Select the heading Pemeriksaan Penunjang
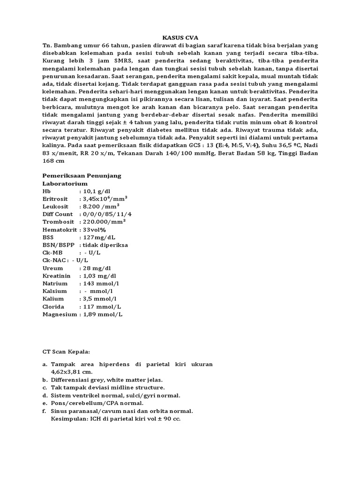82,175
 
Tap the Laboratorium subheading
65,183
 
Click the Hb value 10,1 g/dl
97,191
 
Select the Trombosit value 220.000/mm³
104,222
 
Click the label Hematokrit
60,230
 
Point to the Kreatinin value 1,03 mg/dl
100,276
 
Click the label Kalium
53,299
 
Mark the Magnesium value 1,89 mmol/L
103,314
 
